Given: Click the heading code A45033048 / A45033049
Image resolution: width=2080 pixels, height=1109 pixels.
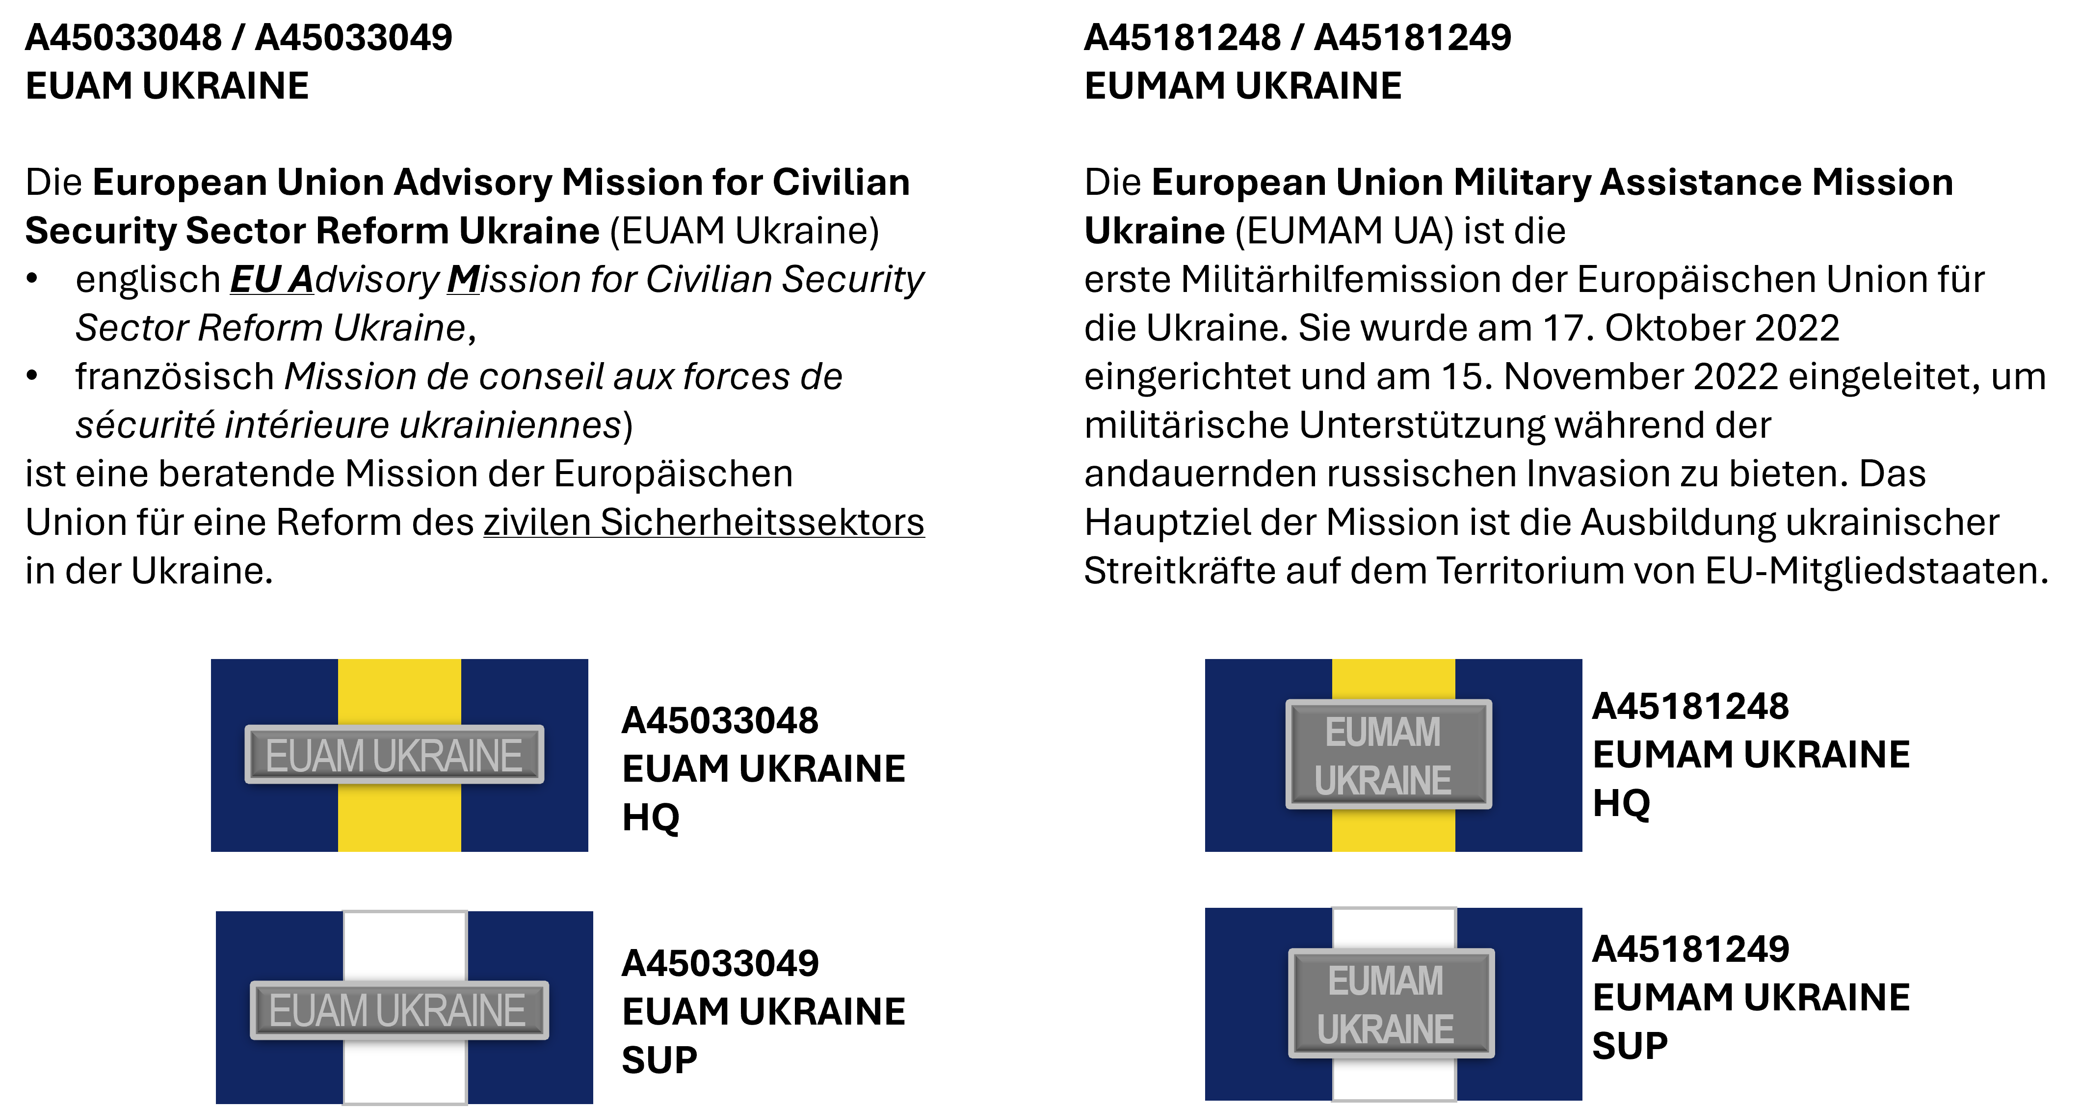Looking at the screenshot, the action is pos(239,37).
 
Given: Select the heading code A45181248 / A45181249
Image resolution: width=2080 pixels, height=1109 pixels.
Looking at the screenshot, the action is pos(1297,37).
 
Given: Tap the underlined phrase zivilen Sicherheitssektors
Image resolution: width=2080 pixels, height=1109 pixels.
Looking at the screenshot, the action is pos(704,522).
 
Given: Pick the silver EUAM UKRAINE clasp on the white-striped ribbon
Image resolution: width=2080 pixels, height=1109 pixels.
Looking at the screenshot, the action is pos(399,1010).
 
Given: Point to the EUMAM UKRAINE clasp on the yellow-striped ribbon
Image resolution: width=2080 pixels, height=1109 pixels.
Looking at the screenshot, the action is pos(1389,754).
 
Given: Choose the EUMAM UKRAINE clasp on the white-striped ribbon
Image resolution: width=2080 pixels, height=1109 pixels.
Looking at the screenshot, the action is pos(1391,1003).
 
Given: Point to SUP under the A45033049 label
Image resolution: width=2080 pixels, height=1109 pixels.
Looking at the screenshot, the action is pos(659,1060).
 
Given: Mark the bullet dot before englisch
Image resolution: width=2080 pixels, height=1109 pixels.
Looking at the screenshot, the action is pos(32,279).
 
